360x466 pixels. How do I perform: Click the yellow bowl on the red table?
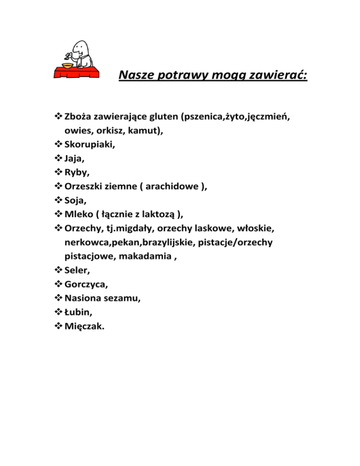click(68, 65)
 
